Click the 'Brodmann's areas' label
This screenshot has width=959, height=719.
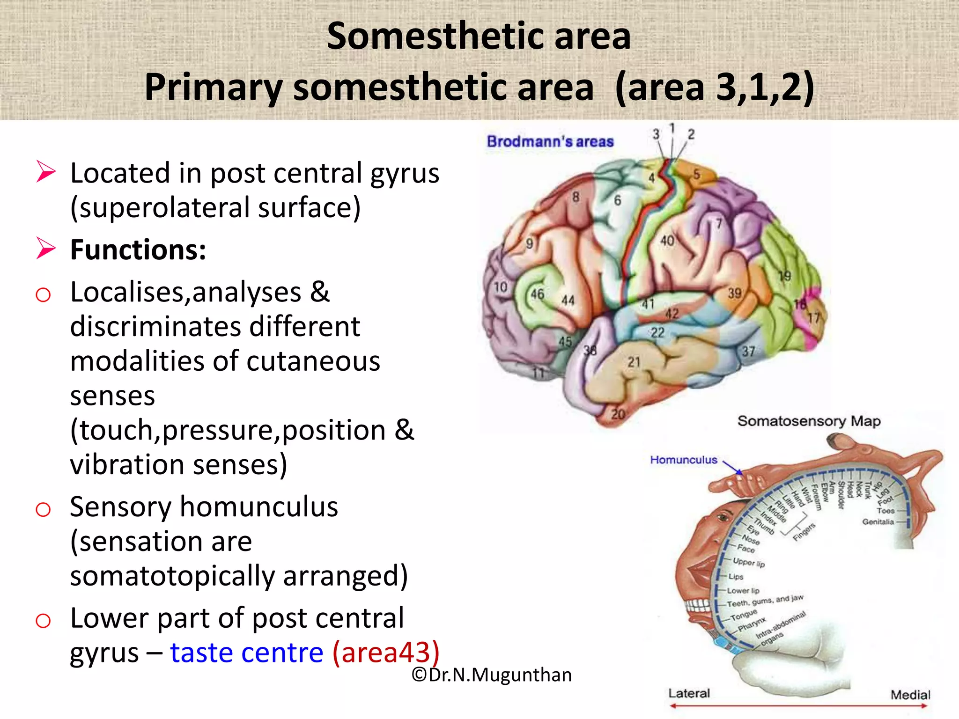coord(550,141)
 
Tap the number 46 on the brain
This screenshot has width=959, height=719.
coord(537,294)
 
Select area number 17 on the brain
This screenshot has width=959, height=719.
coord(814,318)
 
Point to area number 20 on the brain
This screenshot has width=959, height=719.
coord(618,414)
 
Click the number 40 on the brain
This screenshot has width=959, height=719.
coord(667,241)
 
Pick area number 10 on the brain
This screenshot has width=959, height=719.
coord(501,286)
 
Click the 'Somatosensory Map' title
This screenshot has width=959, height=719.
coord(809,421)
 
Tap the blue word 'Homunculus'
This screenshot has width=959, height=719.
coord(683,460)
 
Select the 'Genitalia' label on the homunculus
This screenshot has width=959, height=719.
coord(878,521)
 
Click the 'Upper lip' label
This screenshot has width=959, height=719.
coord(749,562)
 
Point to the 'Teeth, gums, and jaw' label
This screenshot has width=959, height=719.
coord(765,601)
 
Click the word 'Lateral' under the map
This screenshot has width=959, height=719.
coord(689,693)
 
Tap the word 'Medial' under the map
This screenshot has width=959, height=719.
coord(910,695)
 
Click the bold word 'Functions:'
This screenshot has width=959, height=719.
coord(138,249)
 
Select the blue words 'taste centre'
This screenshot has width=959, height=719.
coord(247,652)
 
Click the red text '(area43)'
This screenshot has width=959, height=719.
coord(386,652)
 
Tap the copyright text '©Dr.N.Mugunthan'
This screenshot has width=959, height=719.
coord(492,675)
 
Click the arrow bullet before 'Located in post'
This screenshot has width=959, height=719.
coord(46,171)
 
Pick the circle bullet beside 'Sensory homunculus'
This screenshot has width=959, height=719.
coord(43,509)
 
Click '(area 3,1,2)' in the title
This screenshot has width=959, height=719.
coord(715,87)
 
